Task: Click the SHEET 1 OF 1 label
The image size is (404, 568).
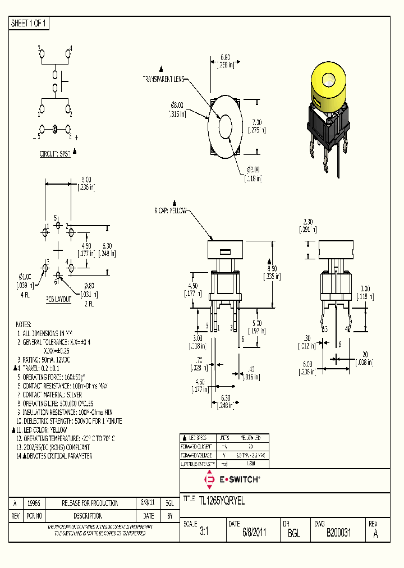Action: coord(29,23)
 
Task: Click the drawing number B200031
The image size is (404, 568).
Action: coord(338,533)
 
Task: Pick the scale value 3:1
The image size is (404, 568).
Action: coord(204,533)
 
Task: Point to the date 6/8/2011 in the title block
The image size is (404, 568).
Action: coord(254,533)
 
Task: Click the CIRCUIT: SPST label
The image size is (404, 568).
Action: coord(55,153)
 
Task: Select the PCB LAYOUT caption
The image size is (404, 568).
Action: coord(58,299)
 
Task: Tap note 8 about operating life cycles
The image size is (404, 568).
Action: coord(54,403)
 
